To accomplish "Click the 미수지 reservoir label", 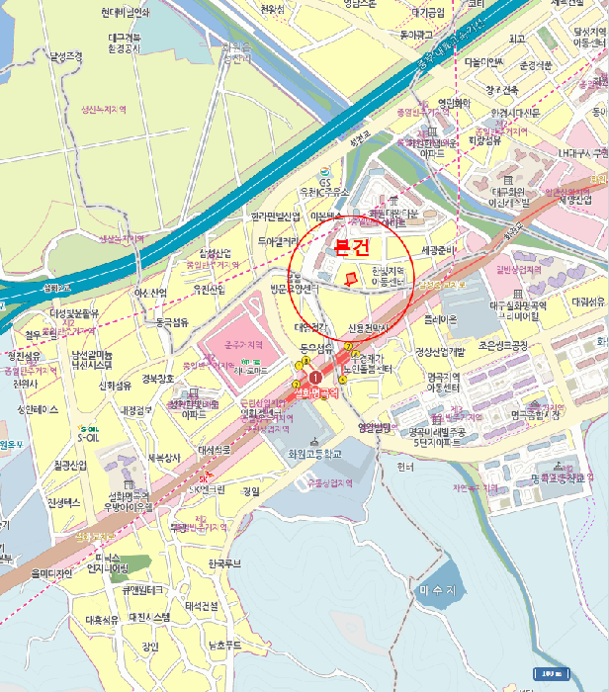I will [437, 590].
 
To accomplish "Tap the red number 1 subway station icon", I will [314, 378].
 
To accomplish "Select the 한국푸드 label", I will [224, 563].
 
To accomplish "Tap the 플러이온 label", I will [441, 319].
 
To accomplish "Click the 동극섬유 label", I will [171, 321].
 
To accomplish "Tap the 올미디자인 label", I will [53, 573].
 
